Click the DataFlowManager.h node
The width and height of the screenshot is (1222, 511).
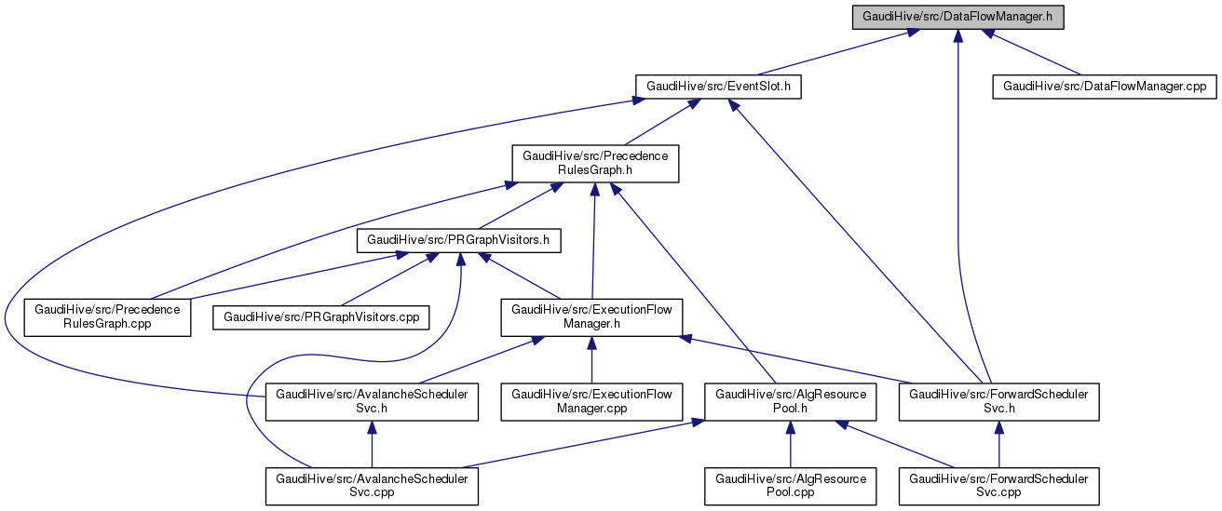click(957, 17)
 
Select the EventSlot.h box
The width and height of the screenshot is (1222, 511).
click(718, 87)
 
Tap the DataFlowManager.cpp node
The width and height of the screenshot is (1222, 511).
click(1104, 87)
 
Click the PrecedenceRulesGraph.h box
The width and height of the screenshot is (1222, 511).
click(595, 163)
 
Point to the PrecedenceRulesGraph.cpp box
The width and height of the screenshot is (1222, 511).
click(107, 316)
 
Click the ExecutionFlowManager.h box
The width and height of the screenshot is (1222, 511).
click(591, 316)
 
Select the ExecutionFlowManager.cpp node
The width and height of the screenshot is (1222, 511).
click(591, 401)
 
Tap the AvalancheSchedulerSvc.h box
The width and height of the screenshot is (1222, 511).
click(372, 401)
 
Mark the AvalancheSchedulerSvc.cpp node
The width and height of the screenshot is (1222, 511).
click(372, 486)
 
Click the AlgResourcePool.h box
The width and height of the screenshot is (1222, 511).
click(790, 401)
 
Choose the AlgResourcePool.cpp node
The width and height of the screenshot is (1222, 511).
click(790, 486)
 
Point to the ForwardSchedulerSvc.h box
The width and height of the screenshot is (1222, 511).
click(998, 401)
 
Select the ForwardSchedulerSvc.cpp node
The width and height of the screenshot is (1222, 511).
click(998, 486)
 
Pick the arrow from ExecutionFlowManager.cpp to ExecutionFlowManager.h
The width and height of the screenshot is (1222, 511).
click(591, 359)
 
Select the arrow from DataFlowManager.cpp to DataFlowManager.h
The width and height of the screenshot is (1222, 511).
click(1034, 53)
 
